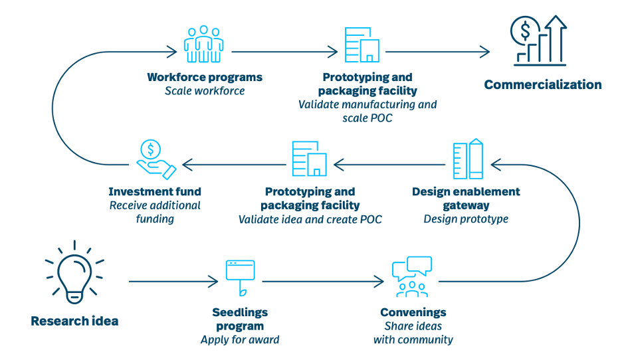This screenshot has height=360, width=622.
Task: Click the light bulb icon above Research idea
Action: [74, 272]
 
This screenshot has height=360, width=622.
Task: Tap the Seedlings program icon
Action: [241, 278]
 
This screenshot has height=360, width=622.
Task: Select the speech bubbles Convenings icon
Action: [412, 277]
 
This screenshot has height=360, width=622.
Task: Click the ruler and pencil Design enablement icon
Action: [468, 159]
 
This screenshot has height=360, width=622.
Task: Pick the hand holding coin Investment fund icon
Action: [156, 159]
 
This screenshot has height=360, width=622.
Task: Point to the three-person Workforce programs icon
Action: [203, 44]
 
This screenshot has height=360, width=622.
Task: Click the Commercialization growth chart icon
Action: [538, 41]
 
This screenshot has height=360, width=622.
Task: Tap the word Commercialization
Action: [543, 84]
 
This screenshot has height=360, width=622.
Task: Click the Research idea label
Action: [74, 321]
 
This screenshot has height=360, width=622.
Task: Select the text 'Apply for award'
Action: [240, 340]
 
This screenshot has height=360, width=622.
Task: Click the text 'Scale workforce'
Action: [205, 91]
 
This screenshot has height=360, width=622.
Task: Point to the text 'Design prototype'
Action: [466, 219]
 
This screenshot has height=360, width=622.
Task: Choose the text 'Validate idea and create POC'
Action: [310, 219]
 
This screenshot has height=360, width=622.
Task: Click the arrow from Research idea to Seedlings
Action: [173, 282]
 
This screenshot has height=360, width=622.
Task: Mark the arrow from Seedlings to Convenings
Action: [323, 282]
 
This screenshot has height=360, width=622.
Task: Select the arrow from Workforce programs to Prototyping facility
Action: [284, 52]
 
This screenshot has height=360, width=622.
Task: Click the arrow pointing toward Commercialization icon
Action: [437, 52]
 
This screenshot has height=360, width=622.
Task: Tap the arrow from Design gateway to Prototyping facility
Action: [389, 165]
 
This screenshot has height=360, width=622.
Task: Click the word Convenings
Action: [413, 312]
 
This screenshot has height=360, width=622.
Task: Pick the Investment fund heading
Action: [155, 191]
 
